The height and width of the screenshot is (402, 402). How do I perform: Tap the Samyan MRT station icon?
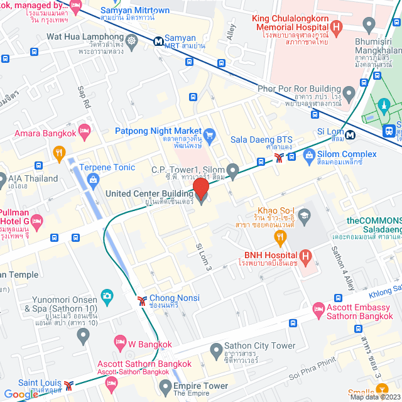158,40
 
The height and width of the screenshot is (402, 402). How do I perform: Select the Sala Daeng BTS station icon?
278,158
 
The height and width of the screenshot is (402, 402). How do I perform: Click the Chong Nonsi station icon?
143,300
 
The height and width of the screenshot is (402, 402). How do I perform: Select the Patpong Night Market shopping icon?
210,133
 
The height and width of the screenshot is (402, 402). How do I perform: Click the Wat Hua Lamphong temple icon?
131,43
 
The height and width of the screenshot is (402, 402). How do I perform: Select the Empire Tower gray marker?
165,386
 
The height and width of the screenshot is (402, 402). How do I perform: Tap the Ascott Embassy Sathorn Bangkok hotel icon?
318,309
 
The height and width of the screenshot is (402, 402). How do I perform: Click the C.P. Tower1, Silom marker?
232,170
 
